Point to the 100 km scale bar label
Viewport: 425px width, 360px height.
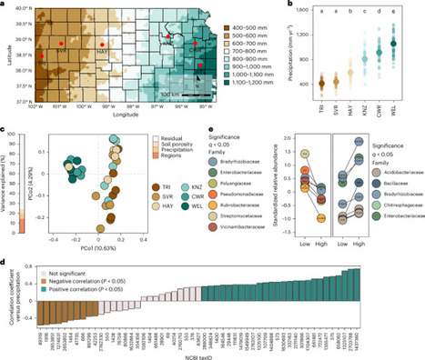pos(159,93)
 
